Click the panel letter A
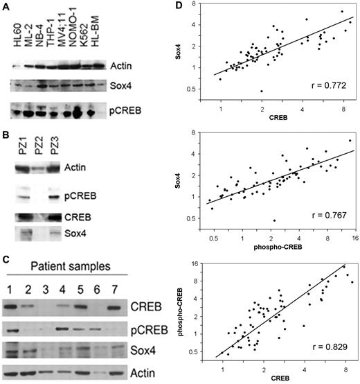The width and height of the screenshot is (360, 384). pos(6,6)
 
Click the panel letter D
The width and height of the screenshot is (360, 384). pos(186,6)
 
